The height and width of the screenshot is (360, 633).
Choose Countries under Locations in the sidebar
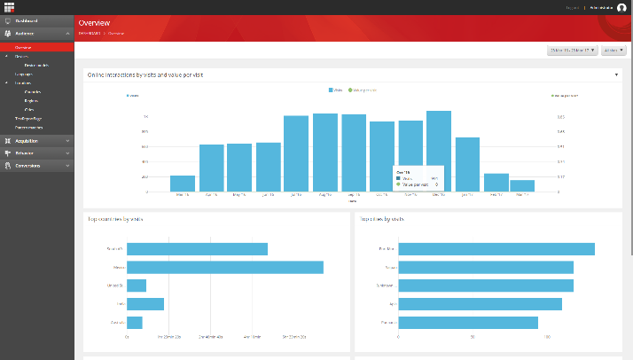(33, 91)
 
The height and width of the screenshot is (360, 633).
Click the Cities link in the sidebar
(30, 110)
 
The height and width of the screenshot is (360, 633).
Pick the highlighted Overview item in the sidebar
(23, 47)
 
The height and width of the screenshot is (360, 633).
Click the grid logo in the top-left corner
(9, 7)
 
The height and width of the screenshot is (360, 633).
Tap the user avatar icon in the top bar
(621, 7)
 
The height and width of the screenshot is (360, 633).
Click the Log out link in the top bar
(572, 7)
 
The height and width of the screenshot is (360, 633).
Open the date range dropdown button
(572, 51)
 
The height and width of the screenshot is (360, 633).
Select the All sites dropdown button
(613, 51)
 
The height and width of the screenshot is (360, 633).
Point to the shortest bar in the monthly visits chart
(522, 185)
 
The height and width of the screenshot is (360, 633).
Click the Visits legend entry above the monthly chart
(336, 90)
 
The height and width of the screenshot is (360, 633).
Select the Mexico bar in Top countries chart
(225, 267)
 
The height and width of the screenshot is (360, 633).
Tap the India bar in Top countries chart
(145, 304)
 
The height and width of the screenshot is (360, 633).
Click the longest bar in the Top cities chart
(496, 249)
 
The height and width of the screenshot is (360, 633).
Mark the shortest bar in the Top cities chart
(468, 323)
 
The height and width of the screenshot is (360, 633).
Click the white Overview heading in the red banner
(94, 21)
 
